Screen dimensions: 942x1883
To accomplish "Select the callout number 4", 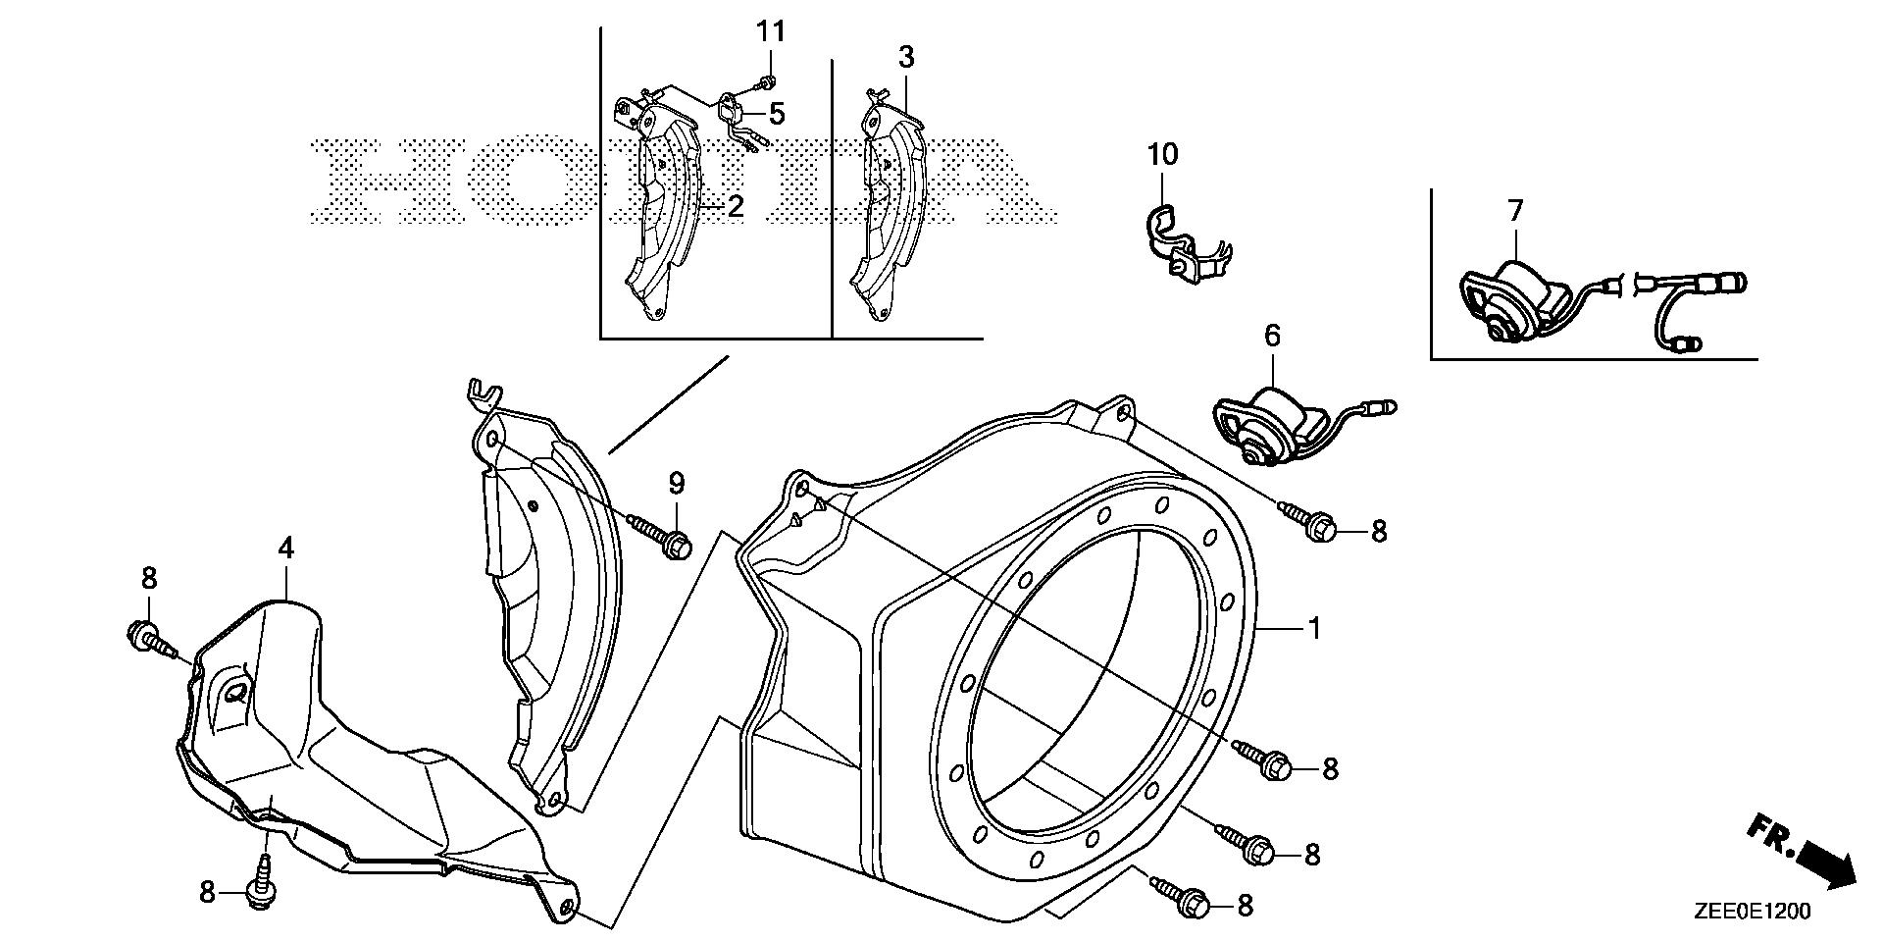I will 285,549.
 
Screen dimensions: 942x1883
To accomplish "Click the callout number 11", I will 771,31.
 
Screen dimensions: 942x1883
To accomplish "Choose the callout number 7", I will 1515,210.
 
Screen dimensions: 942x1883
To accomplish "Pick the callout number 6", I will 1272,337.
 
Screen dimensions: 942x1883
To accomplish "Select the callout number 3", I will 906,58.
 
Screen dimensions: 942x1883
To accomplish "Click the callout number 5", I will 777,114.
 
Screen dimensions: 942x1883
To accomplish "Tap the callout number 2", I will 735,206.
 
